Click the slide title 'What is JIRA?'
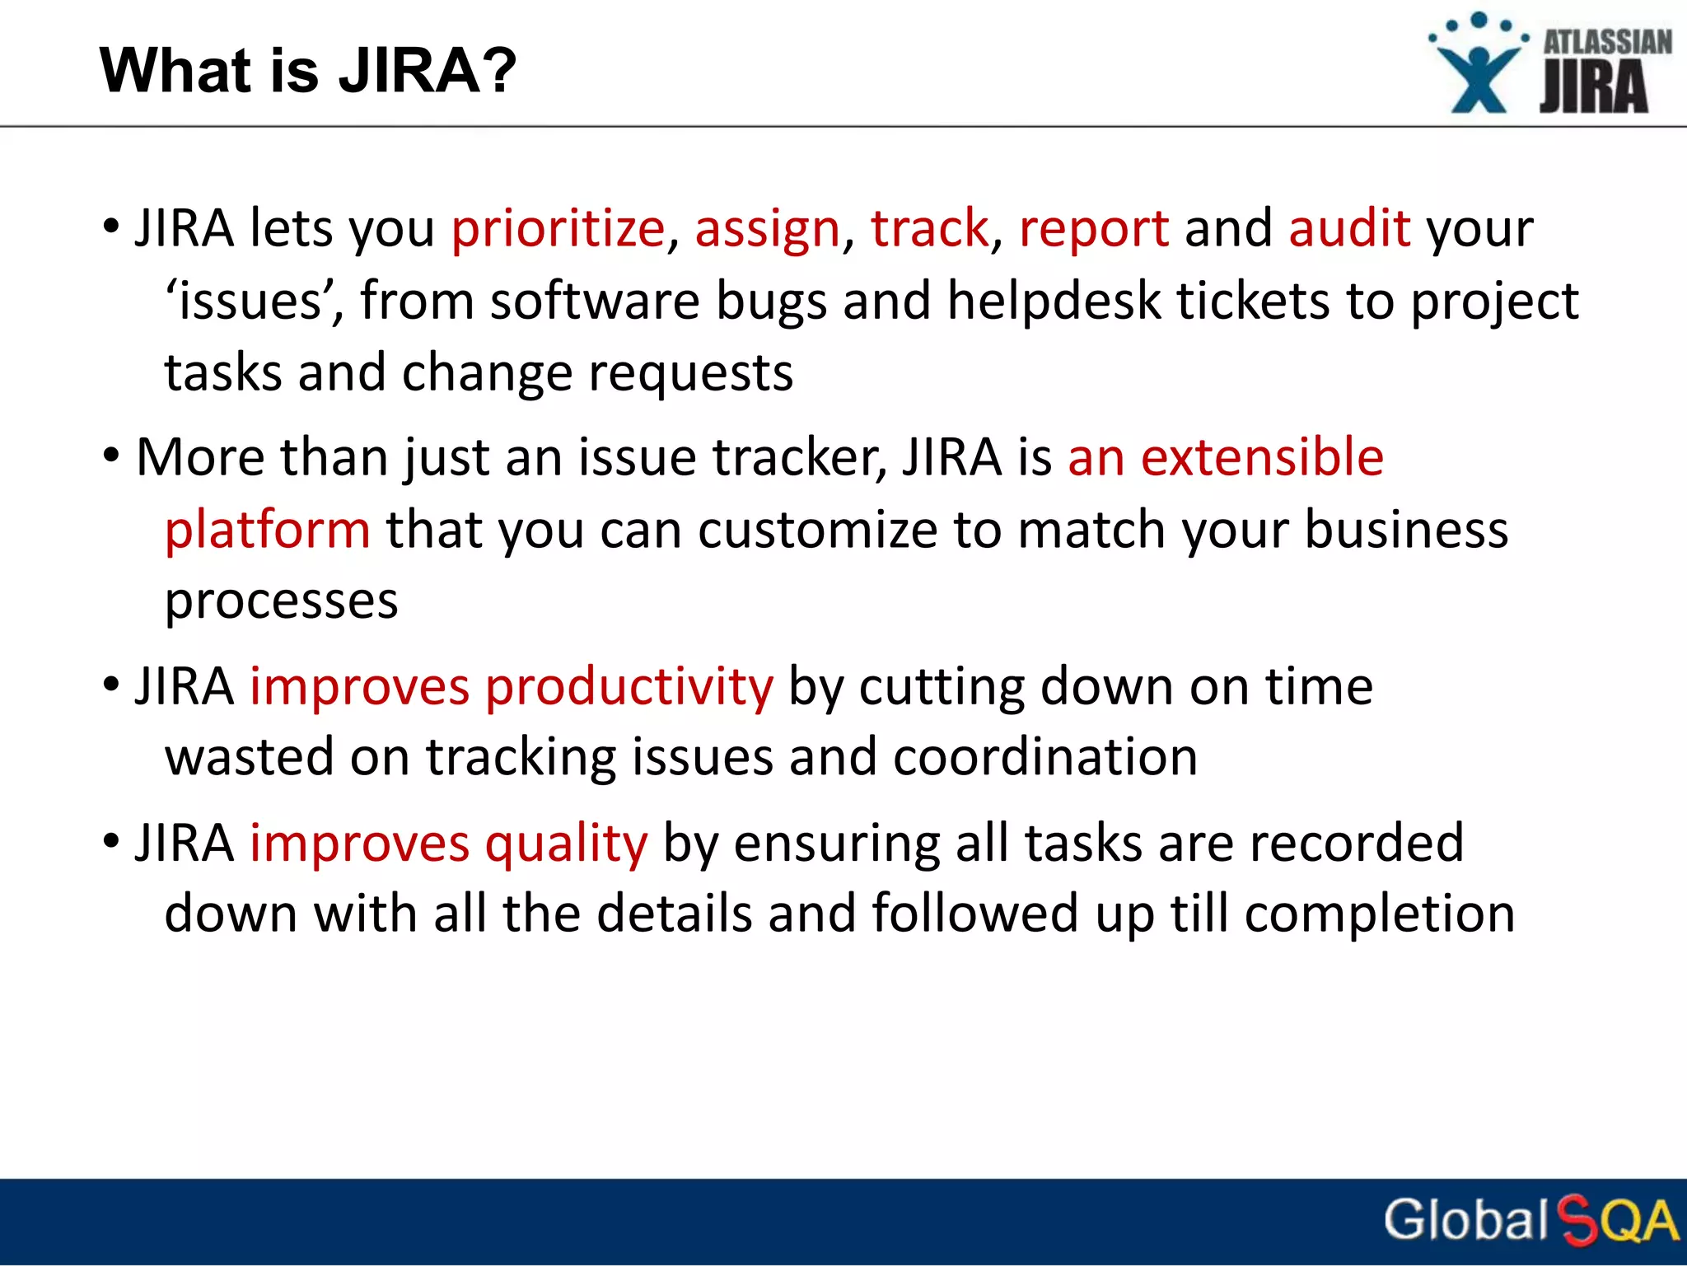(307, 71)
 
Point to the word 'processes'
(282, 601)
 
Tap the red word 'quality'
(566, 843)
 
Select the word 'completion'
(1379, 914)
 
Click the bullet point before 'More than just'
(111, 456)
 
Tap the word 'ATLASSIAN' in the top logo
(1606, 42)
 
